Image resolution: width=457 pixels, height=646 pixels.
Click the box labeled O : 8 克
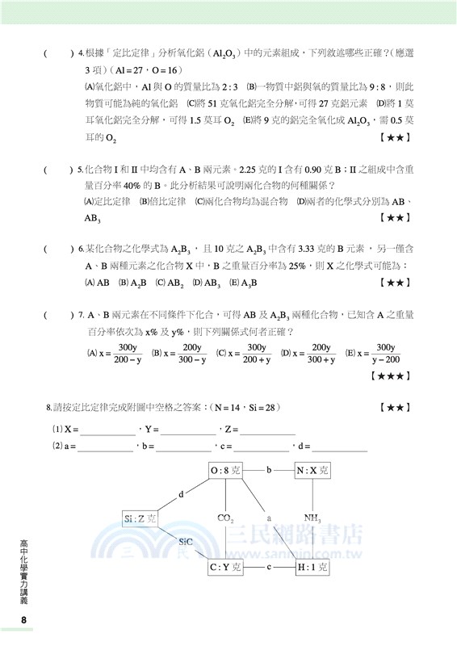226,470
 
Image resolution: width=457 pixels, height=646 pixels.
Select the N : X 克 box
312,470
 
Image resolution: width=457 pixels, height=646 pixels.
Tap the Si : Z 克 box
140,518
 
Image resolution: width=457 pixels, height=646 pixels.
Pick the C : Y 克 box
226,568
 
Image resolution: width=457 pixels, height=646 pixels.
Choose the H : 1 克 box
312,568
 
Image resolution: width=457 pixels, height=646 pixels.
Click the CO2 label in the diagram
226,518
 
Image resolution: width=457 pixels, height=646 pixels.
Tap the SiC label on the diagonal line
185,543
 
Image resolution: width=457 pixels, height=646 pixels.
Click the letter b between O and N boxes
270,469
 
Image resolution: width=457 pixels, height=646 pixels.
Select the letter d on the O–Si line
182,494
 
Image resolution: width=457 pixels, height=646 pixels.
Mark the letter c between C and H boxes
269,567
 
